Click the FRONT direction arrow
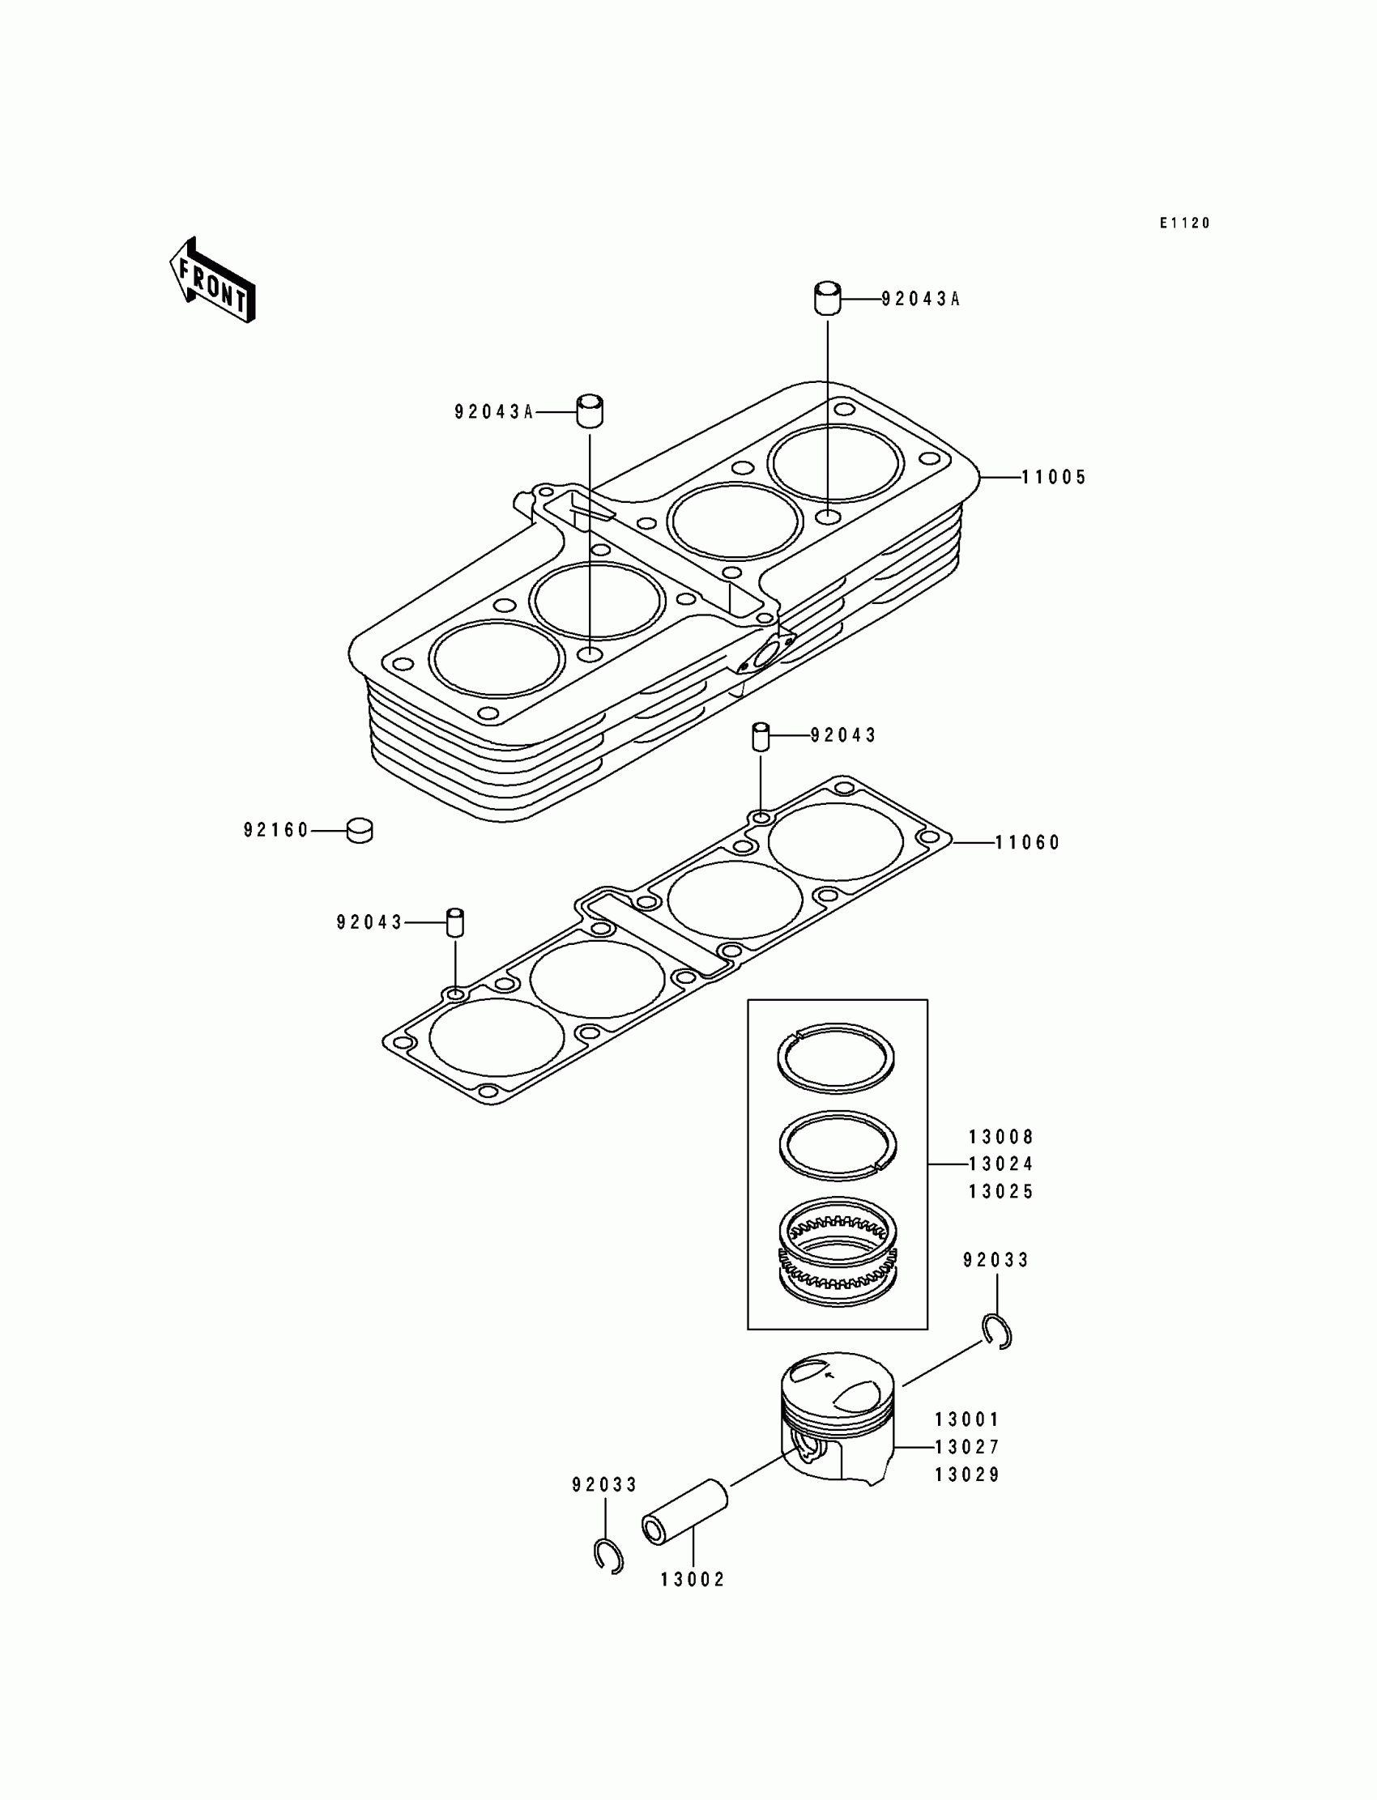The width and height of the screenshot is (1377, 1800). [x=212, y=281]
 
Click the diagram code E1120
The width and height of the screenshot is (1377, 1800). [x=1184, y=223]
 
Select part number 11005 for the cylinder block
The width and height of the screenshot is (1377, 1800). [x=1053, y=477]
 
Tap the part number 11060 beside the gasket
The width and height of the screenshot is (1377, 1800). [x=1028, y=842]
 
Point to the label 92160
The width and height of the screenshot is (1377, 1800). [x=276, y=831]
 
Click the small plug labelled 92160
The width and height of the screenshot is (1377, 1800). [x=360, y=830]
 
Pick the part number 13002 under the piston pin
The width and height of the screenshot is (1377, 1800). [x=693, y=1580]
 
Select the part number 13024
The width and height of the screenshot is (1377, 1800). [x=1001, y=1164]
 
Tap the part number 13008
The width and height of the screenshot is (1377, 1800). [x=1001, y=1137]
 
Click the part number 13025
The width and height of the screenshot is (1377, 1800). [x=1001, y=1192]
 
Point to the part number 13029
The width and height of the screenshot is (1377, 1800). [x=967, y=1474]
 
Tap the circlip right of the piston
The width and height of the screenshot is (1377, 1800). [x=997, y=1330]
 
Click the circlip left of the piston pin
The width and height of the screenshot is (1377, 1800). [x=608, y=1555]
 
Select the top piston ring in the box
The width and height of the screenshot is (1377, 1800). [x=835, y=1057]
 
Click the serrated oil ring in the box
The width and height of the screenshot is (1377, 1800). [x=837, y=1261]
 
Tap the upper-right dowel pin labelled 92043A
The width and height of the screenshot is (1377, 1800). [x=827, y=297]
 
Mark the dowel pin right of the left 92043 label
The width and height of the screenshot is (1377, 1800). [x=455, y=922]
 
